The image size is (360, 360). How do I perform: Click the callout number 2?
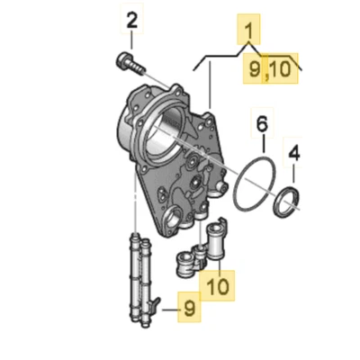point(132,20)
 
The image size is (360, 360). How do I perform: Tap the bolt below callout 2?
point(129,64)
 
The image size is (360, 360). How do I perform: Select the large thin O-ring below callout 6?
point(251,187)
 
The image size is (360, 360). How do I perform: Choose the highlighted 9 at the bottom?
point(189,309)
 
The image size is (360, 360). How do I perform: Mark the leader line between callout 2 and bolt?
point(132,43)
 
